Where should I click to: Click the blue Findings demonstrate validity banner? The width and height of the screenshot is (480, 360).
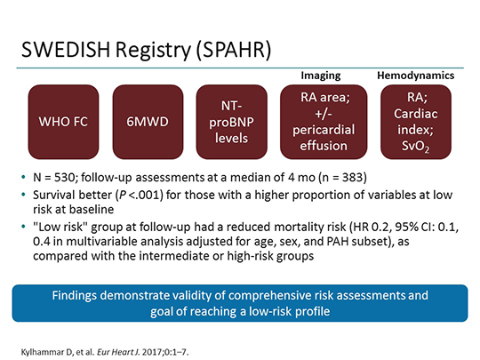240,301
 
